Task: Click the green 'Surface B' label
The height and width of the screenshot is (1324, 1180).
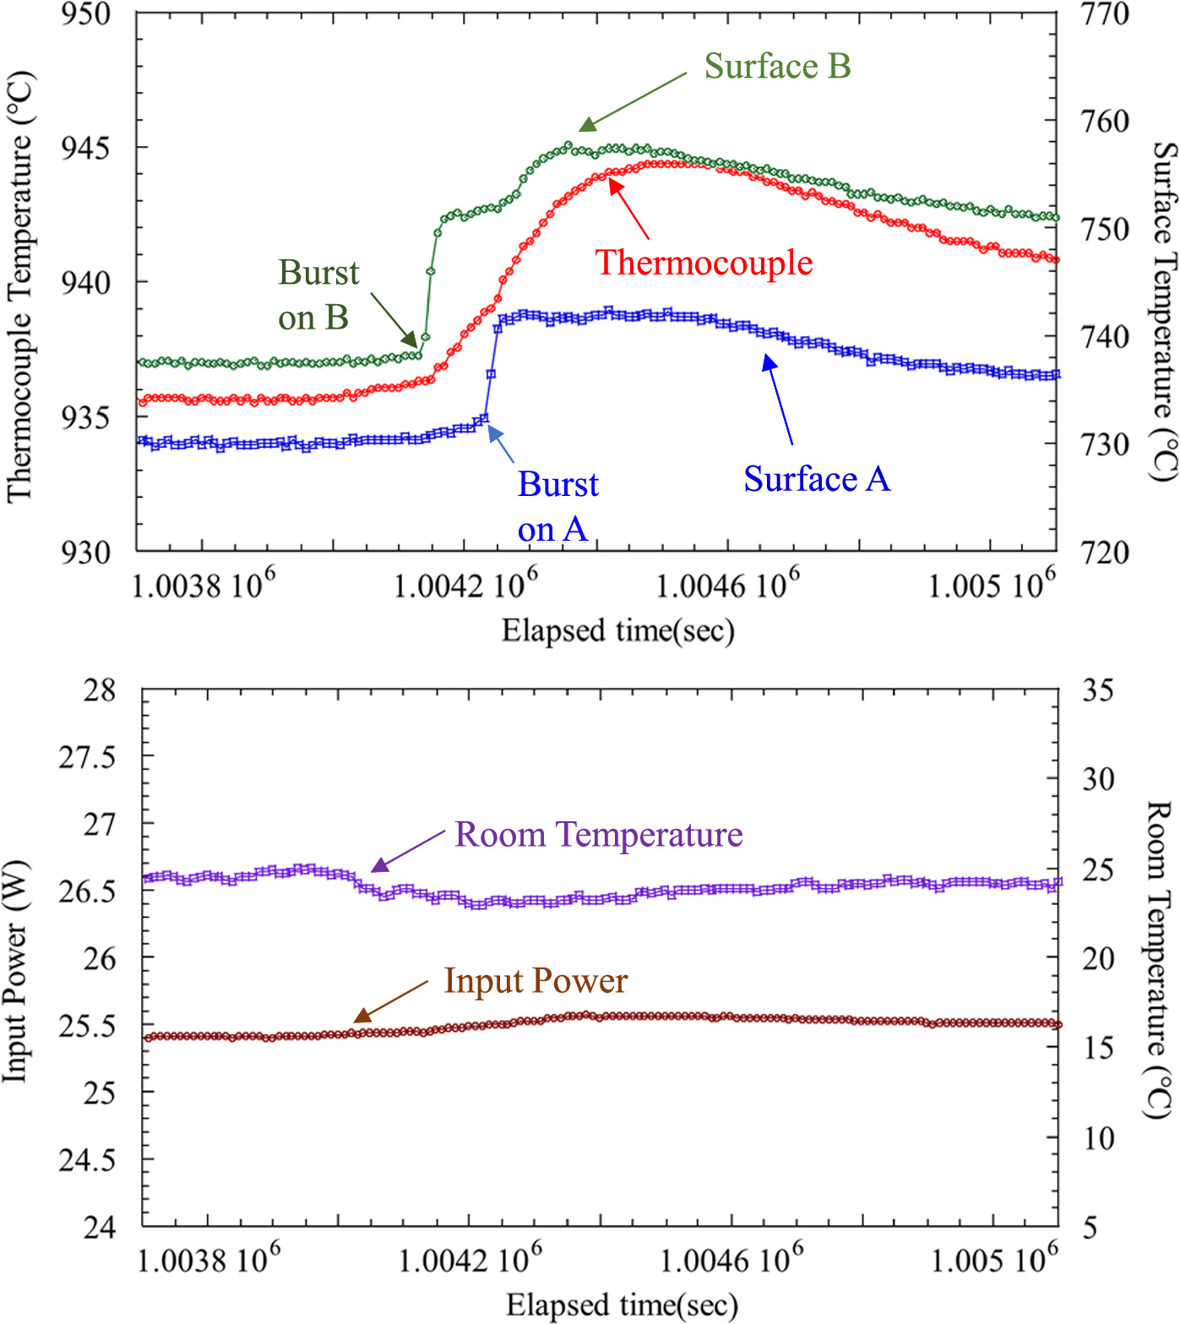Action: [777, 67]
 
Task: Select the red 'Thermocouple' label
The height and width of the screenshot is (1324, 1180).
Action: [704, 263]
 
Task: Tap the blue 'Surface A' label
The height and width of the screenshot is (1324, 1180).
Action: [817, 479]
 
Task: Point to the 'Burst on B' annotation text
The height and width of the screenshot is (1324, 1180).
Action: [318, 295]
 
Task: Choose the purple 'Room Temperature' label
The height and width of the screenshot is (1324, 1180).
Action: [598, 835]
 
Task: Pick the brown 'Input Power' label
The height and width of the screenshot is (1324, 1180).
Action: [536, 981]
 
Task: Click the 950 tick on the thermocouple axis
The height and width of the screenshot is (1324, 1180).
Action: [85, 14]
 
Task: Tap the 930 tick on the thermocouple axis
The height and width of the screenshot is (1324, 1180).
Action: [85, 553]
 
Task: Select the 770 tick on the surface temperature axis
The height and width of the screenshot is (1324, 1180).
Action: [1105, 14]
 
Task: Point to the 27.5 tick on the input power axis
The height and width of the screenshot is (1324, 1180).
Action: [87, 757]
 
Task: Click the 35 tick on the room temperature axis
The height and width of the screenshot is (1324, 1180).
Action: [1098, 690]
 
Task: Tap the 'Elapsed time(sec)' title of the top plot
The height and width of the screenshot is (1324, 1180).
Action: [618, 630]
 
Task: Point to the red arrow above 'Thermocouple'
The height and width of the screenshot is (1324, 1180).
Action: [628, 210]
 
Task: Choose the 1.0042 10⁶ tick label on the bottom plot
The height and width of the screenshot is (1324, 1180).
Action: [470, 1260]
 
